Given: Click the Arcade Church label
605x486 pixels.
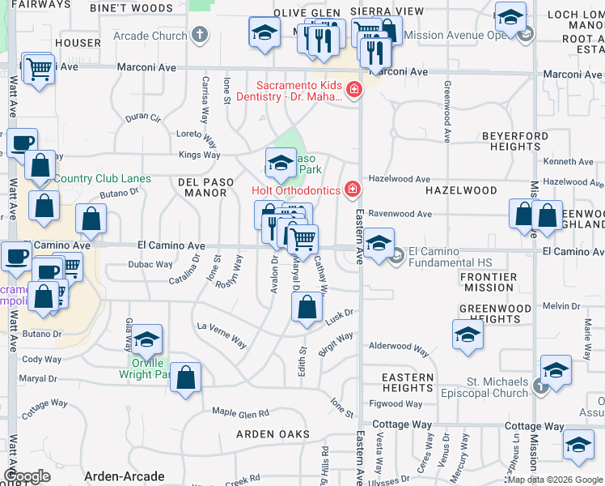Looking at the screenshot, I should (150, 36).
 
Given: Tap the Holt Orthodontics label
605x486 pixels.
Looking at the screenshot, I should (296, 190).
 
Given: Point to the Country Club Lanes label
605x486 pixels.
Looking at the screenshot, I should (103, 178).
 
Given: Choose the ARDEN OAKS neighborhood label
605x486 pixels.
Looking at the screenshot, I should (273, 434).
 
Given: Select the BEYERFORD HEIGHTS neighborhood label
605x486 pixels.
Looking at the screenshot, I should (515, 142).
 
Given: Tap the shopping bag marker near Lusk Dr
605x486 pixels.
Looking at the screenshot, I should (307, 309).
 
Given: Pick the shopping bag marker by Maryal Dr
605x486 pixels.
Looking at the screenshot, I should (185, 378).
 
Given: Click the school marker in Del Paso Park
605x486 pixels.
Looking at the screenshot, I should (281, 163).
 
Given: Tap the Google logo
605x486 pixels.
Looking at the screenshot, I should (27, 476).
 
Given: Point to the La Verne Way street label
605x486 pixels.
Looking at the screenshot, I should (222, 333).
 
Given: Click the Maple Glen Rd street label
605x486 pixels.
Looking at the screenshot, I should (240, 413).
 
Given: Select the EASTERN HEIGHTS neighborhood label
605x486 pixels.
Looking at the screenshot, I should (408, 382).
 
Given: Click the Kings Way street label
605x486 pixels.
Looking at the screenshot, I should (199, 155).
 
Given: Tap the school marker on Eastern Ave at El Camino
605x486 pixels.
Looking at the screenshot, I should (379, 243).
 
